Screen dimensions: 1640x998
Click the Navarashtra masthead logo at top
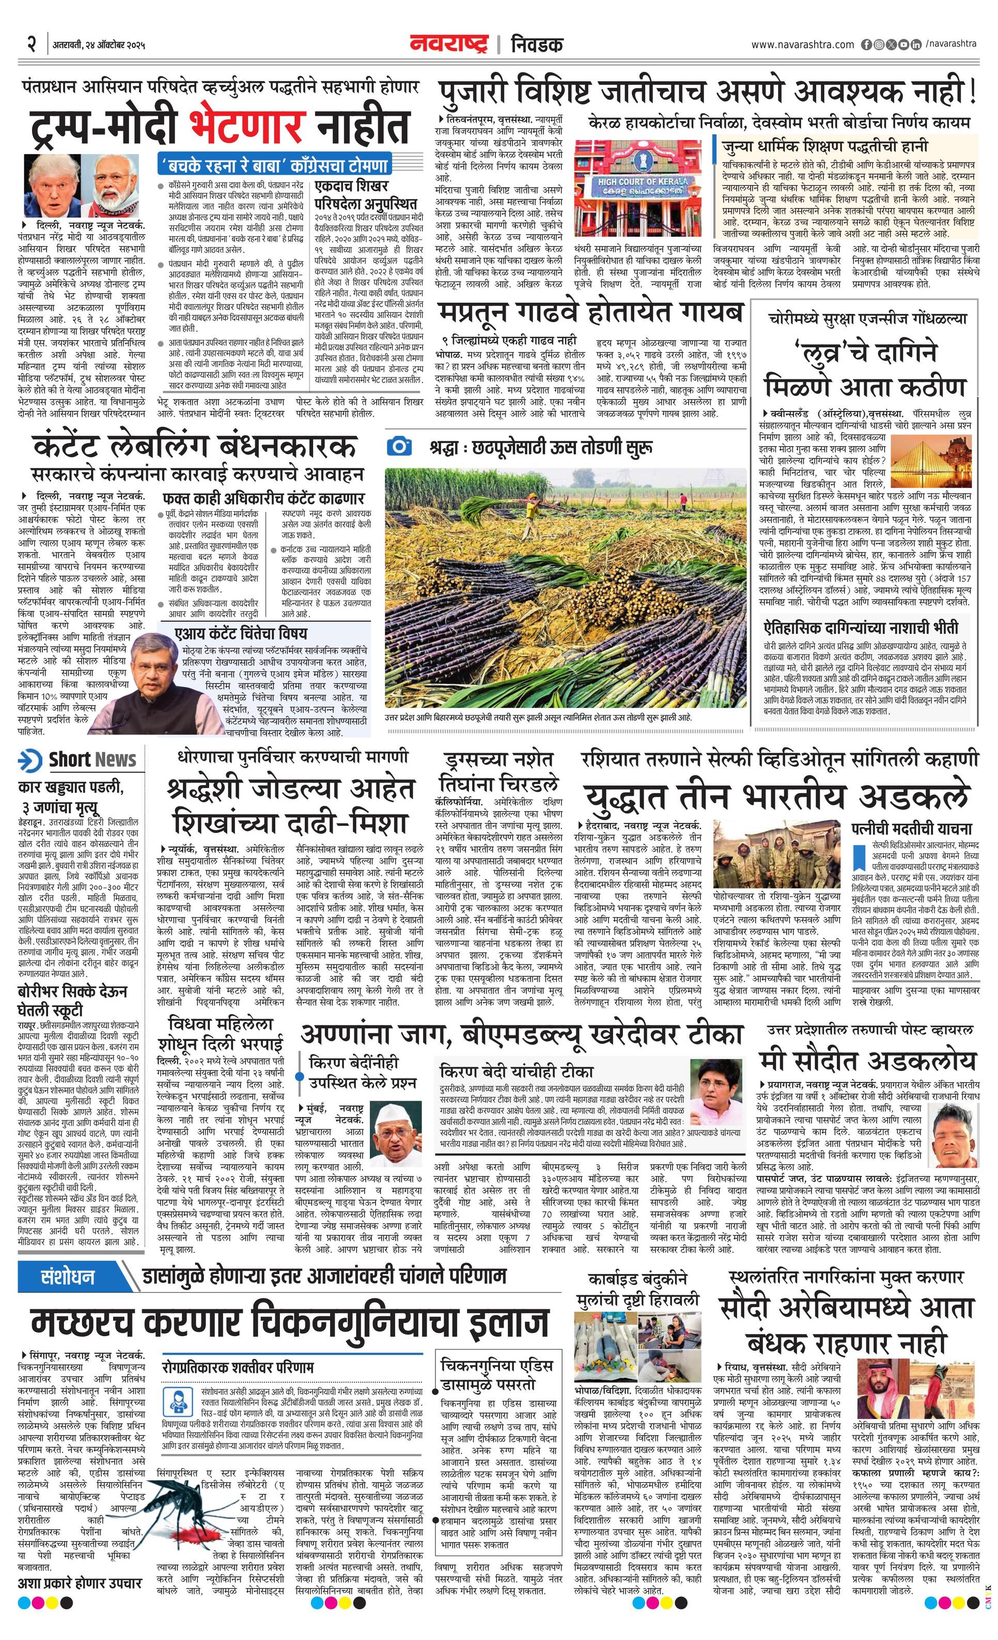[450, 44]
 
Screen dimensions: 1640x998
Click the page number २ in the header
[30, 44]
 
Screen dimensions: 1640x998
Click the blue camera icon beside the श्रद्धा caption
[399, 446]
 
